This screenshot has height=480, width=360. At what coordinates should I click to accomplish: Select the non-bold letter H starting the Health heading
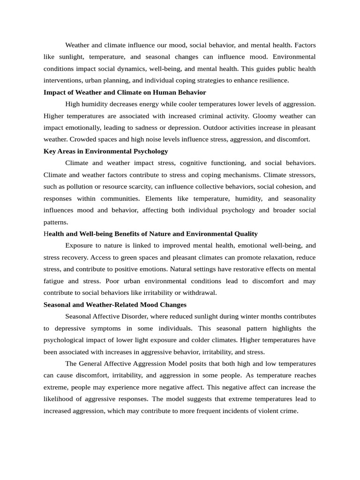coord(46,233)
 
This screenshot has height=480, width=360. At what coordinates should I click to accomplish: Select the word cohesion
coord(286,187)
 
